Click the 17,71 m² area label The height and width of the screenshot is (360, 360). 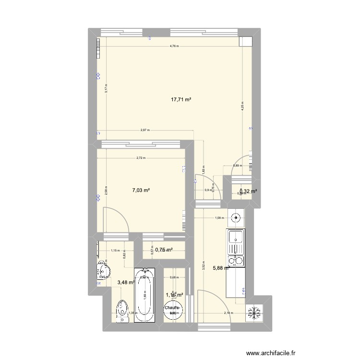coord(181,100)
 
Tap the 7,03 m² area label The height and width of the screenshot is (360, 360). coord(141,191)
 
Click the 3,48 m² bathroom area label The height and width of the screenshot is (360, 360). coord(125,283)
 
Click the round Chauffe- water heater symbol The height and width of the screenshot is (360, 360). coord(173,311)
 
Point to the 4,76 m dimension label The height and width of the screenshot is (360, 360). coord(174,47)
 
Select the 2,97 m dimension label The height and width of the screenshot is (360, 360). coord(145,130)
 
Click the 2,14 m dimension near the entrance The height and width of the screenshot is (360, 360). coord(228,313)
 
